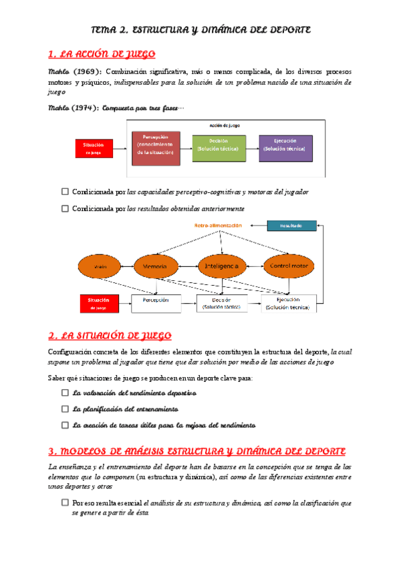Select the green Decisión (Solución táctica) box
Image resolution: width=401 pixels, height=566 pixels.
pos(219,148)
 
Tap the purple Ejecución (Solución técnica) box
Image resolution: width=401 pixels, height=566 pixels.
pos(285,148)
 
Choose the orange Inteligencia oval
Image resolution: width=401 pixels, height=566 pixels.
pos(223,266)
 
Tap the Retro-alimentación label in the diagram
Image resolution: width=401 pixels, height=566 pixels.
pos(218,226)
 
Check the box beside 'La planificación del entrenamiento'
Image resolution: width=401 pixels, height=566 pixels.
pos(65,408)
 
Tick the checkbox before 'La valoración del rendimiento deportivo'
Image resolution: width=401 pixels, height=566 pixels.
pos(65,392)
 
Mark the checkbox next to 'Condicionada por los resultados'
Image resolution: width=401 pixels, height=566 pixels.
pos(65,208)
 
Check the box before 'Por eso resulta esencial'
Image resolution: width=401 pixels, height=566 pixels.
pos(65,502)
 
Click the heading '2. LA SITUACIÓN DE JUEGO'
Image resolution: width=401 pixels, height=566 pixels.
pos(110,335)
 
